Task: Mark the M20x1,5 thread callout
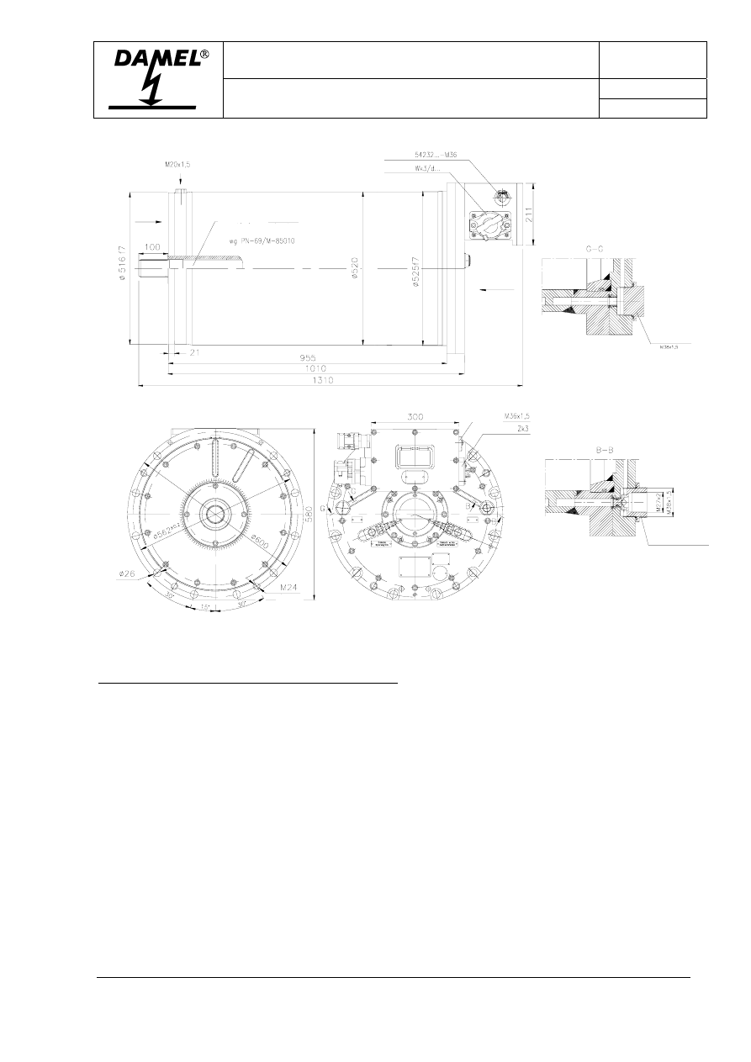177,165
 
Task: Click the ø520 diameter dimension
355,269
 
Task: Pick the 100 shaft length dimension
152,246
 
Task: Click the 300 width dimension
415,416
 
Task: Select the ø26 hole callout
127,575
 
